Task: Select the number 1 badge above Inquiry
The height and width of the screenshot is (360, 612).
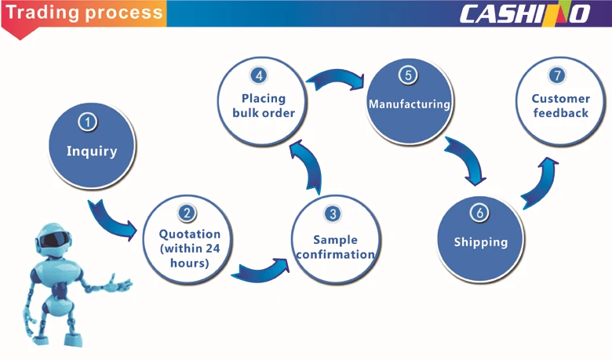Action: (89, 122)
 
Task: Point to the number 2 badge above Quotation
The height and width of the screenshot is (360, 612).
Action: (187, 213)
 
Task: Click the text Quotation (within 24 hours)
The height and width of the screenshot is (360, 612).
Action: (189, 248)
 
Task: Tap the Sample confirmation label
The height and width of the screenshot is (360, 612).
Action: (334, 247)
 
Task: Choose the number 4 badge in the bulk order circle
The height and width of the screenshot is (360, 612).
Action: (259, 75)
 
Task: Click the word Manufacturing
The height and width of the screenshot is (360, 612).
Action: (409, 104)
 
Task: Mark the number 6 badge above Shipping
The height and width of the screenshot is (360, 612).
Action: (480, 213)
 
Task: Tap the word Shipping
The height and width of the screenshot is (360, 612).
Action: (480, 242)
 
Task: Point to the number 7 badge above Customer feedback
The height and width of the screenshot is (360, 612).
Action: (557, 75)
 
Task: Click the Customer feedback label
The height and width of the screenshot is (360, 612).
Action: (560, 106)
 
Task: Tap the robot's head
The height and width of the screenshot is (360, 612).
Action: (55, 240)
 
